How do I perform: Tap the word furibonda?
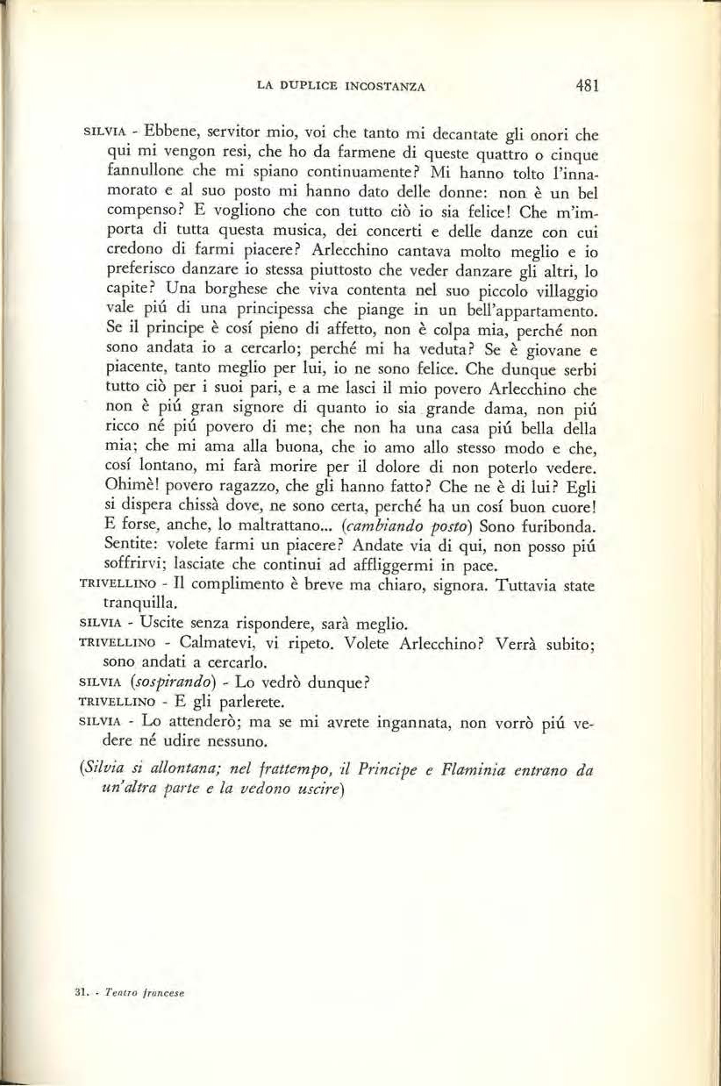[x=543, y=525]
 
